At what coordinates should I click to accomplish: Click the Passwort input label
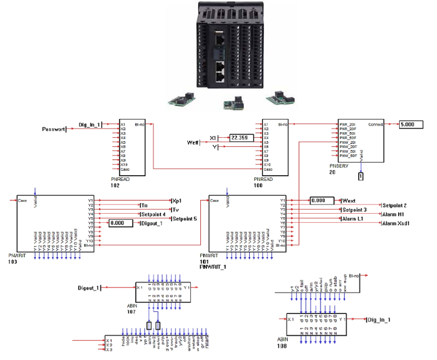pos(53,130)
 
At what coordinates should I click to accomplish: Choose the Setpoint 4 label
pos(152,214)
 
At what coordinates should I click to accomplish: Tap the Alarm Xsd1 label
pos(398,223)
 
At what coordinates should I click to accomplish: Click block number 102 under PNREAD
pos(116,185)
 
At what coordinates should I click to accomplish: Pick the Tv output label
pos(176,210)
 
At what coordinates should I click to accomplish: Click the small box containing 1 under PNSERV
pos(361,176)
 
